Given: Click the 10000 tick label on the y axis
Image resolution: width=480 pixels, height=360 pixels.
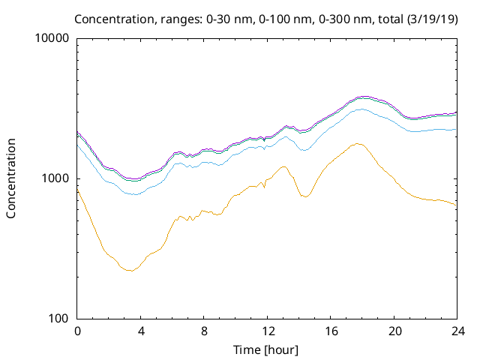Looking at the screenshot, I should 52,38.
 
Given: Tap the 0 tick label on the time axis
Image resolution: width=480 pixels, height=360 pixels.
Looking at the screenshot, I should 77,331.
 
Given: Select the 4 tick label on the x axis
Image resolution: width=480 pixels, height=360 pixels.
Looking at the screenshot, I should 141,331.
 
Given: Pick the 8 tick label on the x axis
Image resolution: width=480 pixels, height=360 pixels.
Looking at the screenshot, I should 204,331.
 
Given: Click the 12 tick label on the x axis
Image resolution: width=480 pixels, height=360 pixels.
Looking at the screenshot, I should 267,331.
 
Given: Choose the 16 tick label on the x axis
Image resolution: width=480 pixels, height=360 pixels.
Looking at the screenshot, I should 331,331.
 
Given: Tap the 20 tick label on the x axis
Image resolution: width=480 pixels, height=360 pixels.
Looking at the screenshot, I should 394,331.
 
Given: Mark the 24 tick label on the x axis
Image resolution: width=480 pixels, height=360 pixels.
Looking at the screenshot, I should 457,331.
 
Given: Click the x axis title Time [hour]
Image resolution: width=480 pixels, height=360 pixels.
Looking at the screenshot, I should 267,349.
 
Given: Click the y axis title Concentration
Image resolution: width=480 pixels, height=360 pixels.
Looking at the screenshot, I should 11,178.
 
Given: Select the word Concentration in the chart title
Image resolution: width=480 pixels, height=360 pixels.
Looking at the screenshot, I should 133,18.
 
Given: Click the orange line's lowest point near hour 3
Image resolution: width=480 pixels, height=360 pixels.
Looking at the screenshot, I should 130,270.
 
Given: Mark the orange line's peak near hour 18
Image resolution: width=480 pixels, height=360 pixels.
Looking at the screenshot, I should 358,143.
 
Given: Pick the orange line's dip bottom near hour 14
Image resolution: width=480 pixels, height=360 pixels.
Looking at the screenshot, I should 304,196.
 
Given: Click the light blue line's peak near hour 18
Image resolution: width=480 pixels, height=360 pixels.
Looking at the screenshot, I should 361,109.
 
